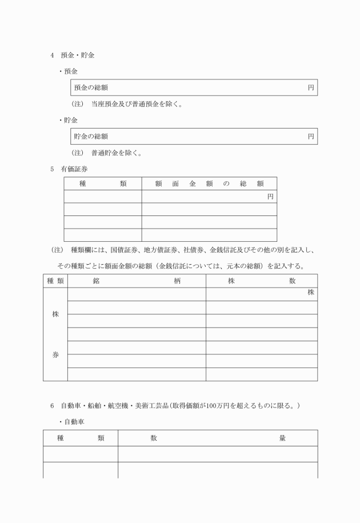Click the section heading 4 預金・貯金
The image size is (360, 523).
[x=73, y=55]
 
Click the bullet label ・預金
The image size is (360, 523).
[x=69, y=71]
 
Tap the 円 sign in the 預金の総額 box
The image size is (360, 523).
[x=311, y=87]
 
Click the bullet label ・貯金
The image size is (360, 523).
[x=69, y=120]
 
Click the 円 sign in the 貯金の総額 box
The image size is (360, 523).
[x=311, y=136]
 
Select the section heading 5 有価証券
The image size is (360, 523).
[x=69, y=169]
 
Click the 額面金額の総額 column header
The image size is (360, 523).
[x=209, y=183]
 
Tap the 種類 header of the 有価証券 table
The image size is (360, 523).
[x=103, y=183]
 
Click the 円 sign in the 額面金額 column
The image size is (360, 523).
[x=270, y=197]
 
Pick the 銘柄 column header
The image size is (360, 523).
[x=137, y=281]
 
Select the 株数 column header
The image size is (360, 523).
[x=261, y=281]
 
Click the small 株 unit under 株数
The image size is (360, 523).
[x=311, y=293]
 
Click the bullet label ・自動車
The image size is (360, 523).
[x=72, y=422]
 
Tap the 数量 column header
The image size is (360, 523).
[x=218, y=438]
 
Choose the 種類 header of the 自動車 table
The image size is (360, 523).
[x=81, y=438]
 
